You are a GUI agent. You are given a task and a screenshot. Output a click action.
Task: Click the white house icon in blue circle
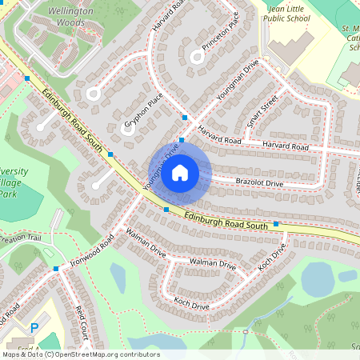coord(180,173)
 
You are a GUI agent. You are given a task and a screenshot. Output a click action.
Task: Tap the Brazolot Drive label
coord(259,183)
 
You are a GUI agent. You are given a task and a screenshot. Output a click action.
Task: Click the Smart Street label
coord(262,111)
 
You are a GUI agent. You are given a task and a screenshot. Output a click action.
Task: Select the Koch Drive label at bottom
coord(191,303)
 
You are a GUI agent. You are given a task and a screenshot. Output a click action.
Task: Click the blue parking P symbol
coord(34,327)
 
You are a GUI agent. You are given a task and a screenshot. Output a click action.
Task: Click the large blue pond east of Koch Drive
coord(318,280)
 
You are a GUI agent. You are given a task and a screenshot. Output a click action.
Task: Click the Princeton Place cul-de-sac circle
coord(197,56)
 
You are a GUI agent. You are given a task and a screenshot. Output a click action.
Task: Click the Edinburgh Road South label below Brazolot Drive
coord(226,221)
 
